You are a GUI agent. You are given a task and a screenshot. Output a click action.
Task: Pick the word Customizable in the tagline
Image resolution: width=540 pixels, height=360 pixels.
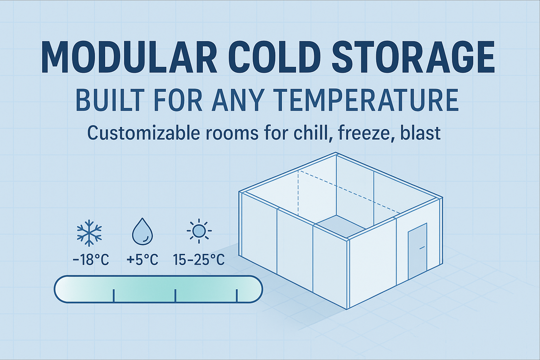click(x=144, y=133)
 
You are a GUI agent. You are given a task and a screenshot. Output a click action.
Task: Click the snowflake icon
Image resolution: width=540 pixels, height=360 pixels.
click(x=89, y=233)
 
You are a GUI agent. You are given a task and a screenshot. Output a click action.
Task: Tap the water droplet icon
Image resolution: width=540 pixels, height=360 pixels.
click(x=142, y=232)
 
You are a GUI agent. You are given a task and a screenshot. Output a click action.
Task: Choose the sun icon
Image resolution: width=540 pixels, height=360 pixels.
click(x=199, y=231)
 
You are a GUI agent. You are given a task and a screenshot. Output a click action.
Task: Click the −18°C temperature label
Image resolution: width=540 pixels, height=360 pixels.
click(x=91, y=260)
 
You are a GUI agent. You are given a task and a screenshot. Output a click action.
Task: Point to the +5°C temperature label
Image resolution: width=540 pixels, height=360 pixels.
click(x=142, y=260)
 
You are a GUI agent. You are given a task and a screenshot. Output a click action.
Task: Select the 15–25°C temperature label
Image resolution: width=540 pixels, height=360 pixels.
click(x=199, y=260)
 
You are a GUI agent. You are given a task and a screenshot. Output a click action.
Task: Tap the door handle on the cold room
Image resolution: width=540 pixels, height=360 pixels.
click(x=422, y=247)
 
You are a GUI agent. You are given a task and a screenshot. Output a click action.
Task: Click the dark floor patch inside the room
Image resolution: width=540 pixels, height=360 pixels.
click(x=340, y=226)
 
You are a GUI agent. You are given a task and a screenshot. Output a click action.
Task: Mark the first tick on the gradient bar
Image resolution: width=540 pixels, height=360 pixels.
click(x=114, y=296)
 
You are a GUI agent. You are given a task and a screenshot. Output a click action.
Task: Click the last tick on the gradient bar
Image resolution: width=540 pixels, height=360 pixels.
click(x=237, y=296)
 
